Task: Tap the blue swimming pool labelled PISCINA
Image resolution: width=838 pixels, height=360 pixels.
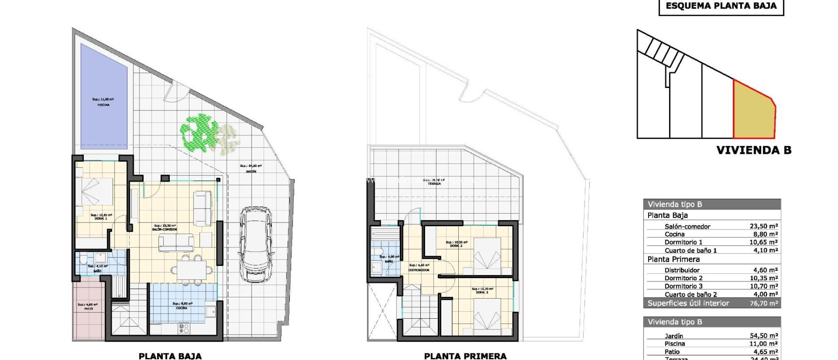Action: pyautogui.click(x=104, y=96)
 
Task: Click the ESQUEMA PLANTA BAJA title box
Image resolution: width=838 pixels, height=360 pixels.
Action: pyautogui.click(x=721, y=6)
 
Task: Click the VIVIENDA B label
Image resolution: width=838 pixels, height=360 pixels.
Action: pyautogui.click(x=754, y=150)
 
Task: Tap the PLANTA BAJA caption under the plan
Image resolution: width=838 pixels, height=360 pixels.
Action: pyautogui.click(x=170, y=356)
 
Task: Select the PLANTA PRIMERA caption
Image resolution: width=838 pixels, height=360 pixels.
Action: pyautogui.click(x=465, y=356)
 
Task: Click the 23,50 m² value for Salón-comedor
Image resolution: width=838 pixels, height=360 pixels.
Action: pyautogui.click(x=764, y=226)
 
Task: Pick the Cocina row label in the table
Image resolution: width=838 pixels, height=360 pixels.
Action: pyautogui.click(x=674, y=234)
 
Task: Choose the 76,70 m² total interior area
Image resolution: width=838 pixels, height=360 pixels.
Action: pyautogui.click(x=764, y=303)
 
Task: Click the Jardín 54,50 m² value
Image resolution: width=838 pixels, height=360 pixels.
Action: pyautogui.click(x=764, y=336)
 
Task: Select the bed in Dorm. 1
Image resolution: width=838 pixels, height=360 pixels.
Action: pyautogui.click(x=97, y=191)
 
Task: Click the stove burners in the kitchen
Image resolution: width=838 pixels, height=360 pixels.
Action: pyautogui.click(x=184, y=328)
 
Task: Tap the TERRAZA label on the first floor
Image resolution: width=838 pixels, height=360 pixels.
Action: pyautogui.click(x=434, y=184)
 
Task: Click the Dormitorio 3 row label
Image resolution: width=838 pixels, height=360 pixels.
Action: pyautogui.click(x=683, y=286)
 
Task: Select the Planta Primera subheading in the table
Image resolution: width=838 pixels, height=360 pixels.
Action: pyautogui.click(x=674, y=259)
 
